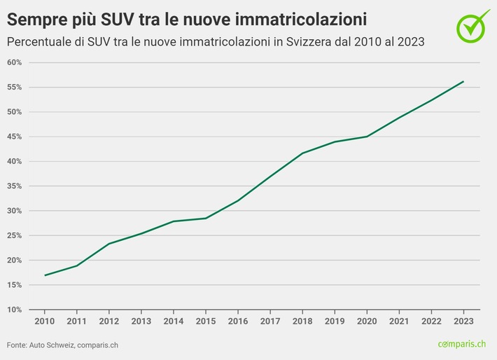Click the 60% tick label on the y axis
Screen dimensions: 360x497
point(14,63)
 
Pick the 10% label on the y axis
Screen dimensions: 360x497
point(14,310)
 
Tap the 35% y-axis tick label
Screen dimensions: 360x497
point(14,186)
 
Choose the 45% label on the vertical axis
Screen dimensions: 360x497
point(14,137)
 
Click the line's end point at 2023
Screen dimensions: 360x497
point(463,81)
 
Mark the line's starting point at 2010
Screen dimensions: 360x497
point(45,275)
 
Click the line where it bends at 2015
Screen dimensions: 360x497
point(206,218)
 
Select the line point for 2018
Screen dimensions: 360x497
point(302,153)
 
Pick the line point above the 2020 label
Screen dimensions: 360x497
point(367,137)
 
